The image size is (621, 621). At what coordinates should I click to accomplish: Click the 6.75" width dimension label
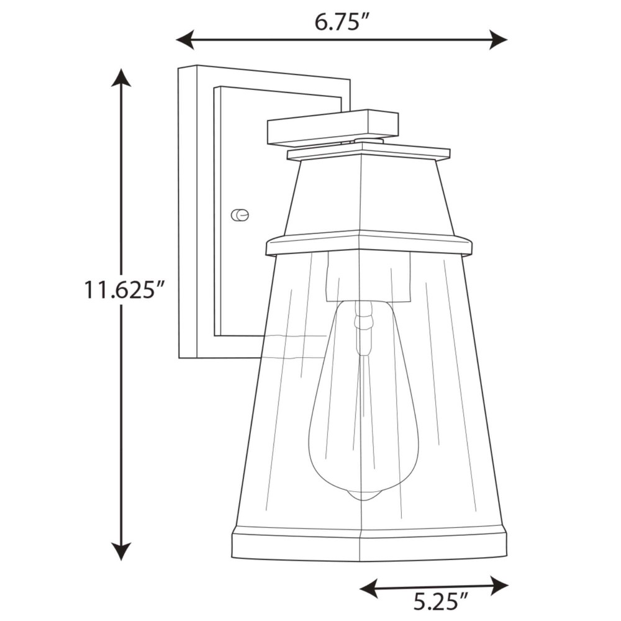(x=342, y=22)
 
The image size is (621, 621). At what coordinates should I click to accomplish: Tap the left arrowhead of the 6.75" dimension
(x=185, y=40)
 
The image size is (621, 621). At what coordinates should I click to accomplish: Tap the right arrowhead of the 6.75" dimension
(x=498, y=40)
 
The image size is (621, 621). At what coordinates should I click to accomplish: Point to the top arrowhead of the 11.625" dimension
(x=121, y=77)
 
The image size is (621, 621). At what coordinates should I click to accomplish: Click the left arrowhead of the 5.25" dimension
(x=368, y=586)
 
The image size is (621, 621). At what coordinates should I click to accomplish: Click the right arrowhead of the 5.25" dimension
(x=499, y=586)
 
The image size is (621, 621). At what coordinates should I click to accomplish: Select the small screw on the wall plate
(x=240, y=215)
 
